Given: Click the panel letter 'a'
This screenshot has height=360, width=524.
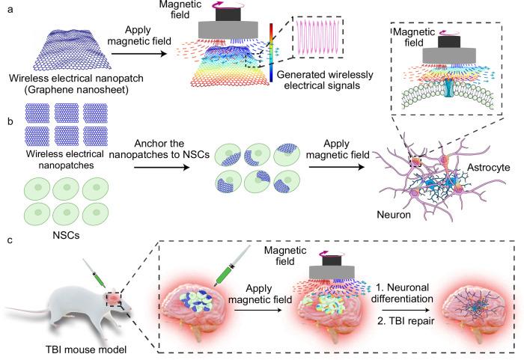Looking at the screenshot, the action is click(x=10, y=10).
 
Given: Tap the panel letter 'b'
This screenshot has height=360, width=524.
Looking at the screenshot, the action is click(x=10, y=121).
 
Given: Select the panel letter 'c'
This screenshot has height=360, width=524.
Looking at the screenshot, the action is click(x=10, y=240).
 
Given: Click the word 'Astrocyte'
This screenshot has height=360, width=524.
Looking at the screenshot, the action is click(x=488, y=168).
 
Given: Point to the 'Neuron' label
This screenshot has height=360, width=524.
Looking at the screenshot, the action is click(x=394, y=214).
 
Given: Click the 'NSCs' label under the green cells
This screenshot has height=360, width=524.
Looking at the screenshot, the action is click(x=66, y=235).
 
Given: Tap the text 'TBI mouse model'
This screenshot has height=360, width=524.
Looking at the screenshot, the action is click(x=86, y=350).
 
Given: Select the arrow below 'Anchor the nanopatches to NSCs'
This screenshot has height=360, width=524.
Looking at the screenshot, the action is click(x=162, y=166).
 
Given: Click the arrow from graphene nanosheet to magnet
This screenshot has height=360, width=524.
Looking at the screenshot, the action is click(x=138, y=53).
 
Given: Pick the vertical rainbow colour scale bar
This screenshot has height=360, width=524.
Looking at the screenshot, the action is click(x=271, y=52).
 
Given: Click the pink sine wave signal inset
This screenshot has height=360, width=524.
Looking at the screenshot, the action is click(x=317, y=37).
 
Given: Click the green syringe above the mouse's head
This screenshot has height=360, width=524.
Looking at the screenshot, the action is click(x=94, y=273).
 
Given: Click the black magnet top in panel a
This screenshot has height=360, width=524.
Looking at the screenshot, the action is click(x=228, y=15).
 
